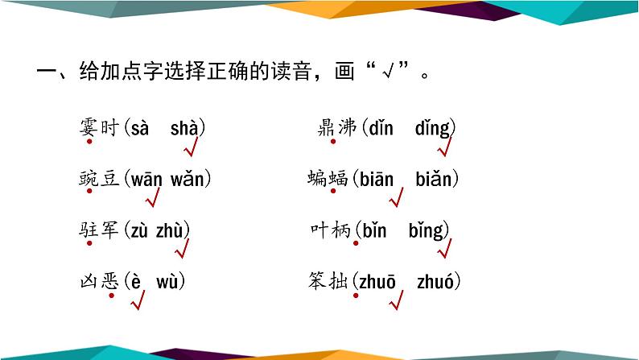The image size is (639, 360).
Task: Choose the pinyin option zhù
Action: [x=172, y=230]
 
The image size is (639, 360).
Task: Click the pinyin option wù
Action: [x=170, y=281]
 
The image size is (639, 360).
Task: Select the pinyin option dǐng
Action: [x=435, y=127]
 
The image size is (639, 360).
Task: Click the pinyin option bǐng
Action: [x=426, y=230]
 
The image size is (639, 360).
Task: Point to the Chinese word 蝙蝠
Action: [x=328, y=179]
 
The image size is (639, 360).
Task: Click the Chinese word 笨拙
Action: [x=328, y=281]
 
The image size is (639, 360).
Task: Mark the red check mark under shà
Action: [x=191, y=150]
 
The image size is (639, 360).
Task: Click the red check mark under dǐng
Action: [x=444, y=148]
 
